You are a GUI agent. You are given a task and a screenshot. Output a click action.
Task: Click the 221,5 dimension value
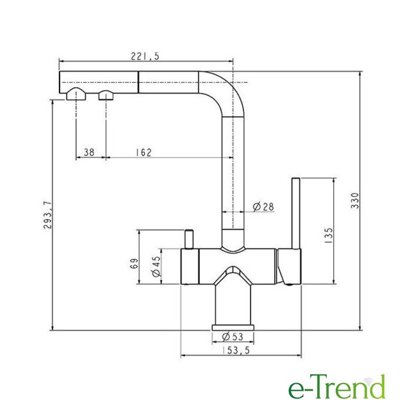[x=145, y=56]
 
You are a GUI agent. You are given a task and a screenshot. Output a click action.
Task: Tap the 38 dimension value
[x=89, y=152]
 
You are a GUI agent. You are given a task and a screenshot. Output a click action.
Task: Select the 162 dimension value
[x=143, y=152]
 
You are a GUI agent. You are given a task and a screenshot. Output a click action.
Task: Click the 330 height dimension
[x=355, y=201]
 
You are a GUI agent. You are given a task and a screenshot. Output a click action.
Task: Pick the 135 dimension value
[x=329, y=236]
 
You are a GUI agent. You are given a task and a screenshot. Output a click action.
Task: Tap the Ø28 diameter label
[x=263, y=206]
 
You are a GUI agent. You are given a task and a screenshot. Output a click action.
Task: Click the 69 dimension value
[x=134, y=263]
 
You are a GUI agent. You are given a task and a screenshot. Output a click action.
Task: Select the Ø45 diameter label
[x=156, y=266]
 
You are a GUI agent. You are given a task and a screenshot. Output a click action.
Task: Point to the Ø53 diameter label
[x=233, y=337]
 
